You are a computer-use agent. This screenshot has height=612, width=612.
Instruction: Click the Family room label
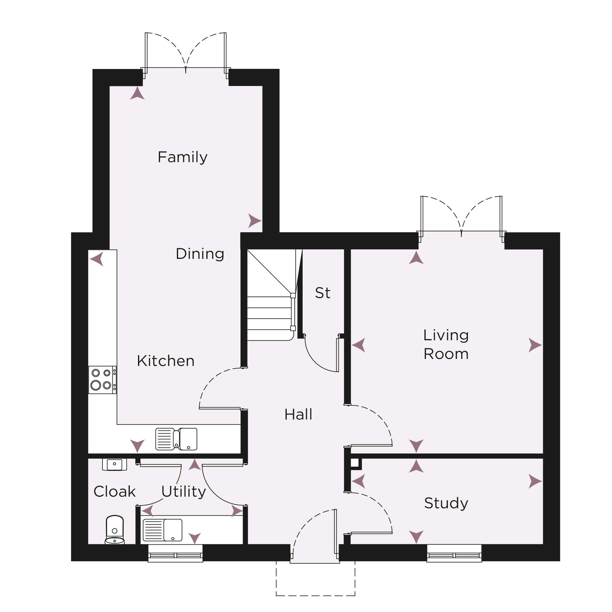pos(182,157)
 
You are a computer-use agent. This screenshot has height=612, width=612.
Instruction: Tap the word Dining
pos(200,254)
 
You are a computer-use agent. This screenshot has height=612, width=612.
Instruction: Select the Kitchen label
pos(166,361)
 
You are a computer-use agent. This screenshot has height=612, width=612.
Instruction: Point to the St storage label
pos(323,293)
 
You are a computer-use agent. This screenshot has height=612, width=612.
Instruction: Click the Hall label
pos(298,414)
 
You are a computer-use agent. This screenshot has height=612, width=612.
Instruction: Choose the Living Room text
pos(446,344)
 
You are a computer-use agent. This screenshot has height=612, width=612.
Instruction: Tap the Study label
pos(446,503)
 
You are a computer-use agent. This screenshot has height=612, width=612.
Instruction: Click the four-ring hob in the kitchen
pos(102,380)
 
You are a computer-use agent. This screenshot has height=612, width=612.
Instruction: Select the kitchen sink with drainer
pos(177,439)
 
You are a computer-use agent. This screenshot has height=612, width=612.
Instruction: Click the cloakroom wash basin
pos(115,465)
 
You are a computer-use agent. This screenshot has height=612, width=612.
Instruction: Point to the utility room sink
pos(162,530)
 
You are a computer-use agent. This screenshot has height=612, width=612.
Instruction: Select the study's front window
pos(454,553)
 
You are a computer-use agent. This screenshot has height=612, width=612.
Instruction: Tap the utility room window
pos(175,553)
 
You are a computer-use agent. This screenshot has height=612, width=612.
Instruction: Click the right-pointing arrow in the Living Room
pos(535,345)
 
